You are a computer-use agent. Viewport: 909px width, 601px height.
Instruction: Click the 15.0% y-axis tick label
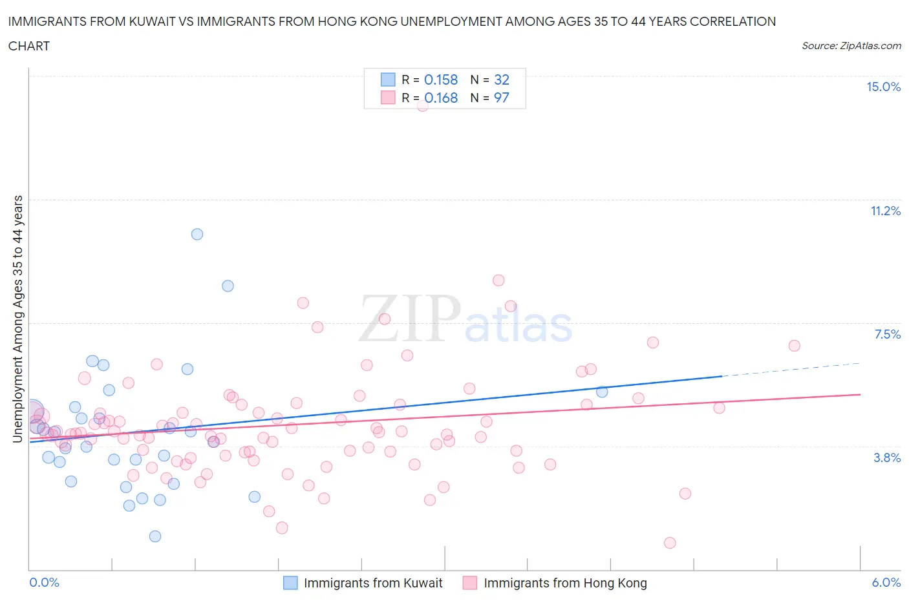coord(883,87)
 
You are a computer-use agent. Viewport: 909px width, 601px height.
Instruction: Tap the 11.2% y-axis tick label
coord(885,211)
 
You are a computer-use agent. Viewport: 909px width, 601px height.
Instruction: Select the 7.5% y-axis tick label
coord(887,335)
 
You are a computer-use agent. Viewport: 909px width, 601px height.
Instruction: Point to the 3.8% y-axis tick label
coord(887,458)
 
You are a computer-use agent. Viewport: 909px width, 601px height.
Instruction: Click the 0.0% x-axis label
coord(44,583)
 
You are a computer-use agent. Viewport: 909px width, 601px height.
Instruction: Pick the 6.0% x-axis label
coord(886,583)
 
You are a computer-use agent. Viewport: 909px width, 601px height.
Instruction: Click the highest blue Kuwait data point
coord(197,234)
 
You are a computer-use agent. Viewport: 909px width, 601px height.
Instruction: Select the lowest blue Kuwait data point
coord(155,536)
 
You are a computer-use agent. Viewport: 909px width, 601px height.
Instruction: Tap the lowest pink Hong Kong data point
coord(670,543)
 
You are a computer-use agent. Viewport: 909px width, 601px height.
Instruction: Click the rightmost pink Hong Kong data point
coord(795,346)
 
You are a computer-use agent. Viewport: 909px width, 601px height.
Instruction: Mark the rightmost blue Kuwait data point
coord(602,392)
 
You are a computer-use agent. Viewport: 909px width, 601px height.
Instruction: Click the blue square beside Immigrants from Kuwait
coord(291,583)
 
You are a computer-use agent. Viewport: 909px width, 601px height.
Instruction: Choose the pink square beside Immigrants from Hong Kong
coord(470,583)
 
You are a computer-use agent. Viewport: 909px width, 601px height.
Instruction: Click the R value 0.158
coord(441,80)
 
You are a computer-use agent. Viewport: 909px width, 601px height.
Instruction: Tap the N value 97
coord(502,98)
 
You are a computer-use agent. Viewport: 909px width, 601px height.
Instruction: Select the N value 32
coord(502,80)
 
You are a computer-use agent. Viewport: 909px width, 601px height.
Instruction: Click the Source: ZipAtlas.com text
coord(851,46)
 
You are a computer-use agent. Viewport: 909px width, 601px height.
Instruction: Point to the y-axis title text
coord(17,319)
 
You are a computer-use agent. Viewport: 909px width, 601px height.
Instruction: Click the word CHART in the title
coord(29,46)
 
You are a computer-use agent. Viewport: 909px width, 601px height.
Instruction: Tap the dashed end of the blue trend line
coord(792,370)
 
